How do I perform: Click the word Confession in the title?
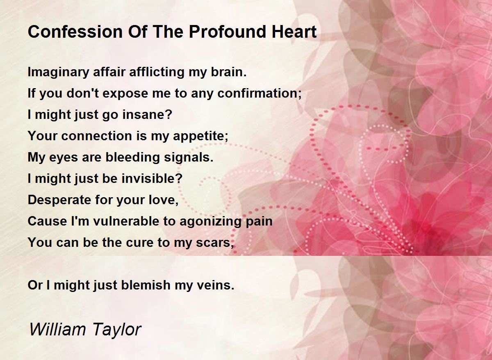coord(75,32)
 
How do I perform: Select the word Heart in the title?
coord(294,32)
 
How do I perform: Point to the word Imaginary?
coord(58,73)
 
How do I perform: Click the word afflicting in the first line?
coord(157,72)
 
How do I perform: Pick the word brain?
coord(229,72)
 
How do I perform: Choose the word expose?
coord(125,94)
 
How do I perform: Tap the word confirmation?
coord(257,93)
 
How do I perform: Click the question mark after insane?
coord(169,114)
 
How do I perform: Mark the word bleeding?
coord(132,158)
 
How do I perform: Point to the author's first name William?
coord(57,329)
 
